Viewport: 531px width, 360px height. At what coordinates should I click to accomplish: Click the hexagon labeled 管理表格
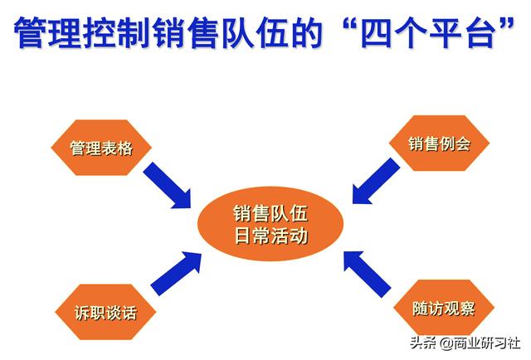(x=101, y=148)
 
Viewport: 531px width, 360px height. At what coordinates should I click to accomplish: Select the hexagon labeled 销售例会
(x=439, y=144)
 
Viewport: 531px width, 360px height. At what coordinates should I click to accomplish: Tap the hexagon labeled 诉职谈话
(x=105, y=312)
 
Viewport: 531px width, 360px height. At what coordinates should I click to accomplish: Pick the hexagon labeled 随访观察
(x=444, y=308)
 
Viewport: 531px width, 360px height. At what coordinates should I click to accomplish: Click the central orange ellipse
(x=270, y=224)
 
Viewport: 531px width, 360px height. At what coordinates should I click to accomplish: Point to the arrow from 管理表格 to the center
(x=168, y=185)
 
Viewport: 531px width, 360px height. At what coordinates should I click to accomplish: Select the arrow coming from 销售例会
(x=376, y=181)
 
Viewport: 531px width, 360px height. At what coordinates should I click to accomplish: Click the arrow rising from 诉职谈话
(x=176, y=274)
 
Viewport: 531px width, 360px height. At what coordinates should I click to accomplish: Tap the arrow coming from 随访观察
(x=367, y=275)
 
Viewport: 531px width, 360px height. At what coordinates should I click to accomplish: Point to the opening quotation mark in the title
(x=349, y=26)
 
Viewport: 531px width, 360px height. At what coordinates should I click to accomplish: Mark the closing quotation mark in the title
(x=506, y=26)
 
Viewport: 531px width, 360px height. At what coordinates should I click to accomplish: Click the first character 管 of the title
(x=30, y=32)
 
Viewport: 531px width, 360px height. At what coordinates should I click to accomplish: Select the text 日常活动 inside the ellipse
(x=271, y=236)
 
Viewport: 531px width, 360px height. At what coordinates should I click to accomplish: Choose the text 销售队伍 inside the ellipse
(x=270, y=213)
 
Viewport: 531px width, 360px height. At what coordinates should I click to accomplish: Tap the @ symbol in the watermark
(x=446, y=343)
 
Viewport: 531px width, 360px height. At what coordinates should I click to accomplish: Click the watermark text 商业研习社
(x=487, y=343)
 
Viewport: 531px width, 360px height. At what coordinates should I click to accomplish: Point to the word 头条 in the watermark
(x=424, y=343)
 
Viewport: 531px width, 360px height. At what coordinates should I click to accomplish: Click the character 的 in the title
(x=307, y=32)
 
